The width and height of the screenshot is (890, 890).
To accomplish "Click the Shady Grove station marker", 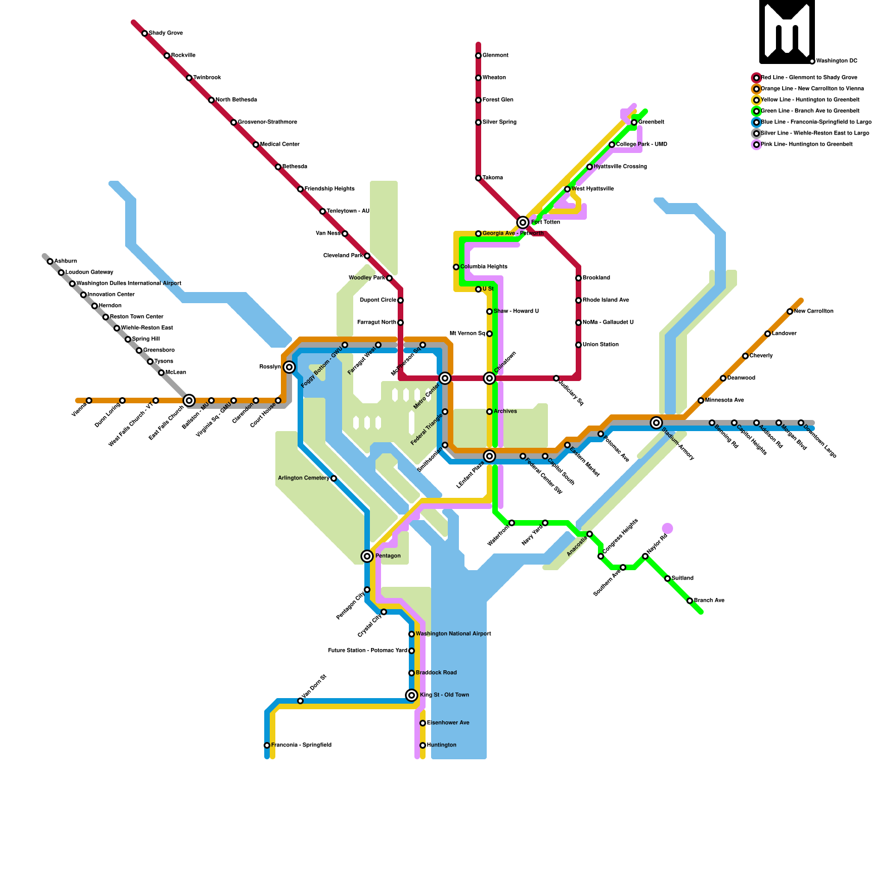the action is tap(145, 33).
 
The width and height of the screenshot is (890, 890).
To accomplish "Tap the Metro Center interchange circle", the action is tap(445, 378).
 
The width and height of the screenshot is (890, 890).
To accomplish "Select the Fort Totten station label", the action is tap(545, 222).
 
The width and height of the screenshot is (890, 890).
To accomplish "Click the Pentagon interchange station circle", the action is tap(367, 556).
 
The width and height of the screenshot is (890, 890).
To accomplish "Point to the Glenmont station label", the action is tap(495, 56).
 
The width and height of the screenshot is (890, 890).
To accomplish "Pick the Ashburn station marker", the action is tap(50, 261).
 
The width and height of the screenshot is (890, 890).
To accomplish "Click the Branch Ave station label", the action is tap(709, 601).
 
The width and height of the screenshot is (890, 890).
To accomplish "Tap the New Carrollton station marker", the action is tap(790, 311).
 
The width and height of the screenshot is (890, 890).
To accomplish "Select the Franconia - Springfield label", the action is tap(301, 745).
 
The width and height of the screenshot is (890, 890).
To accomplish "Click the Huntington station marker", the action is tap(423, 745).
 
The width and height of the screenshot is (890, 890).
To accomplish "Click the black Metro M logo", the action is tap(787, 31).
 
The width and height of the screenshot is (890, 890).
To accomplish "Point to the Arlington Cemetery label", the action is tap(303, 478).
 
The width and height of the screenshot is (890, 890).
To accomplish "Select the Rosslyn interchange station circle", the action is tap(289, 367).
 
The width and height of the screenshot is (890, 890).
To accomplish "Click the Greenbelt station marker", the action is tap(634, 122).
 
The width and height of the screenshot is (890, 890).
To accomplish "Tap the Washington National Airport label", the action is tap(453, 634).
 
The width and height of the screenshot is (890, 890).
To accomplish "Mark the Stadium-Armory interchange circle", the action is tap(656, 423).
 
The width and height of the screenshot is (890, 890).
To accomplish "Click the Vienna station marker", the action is tap(89, 400).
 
